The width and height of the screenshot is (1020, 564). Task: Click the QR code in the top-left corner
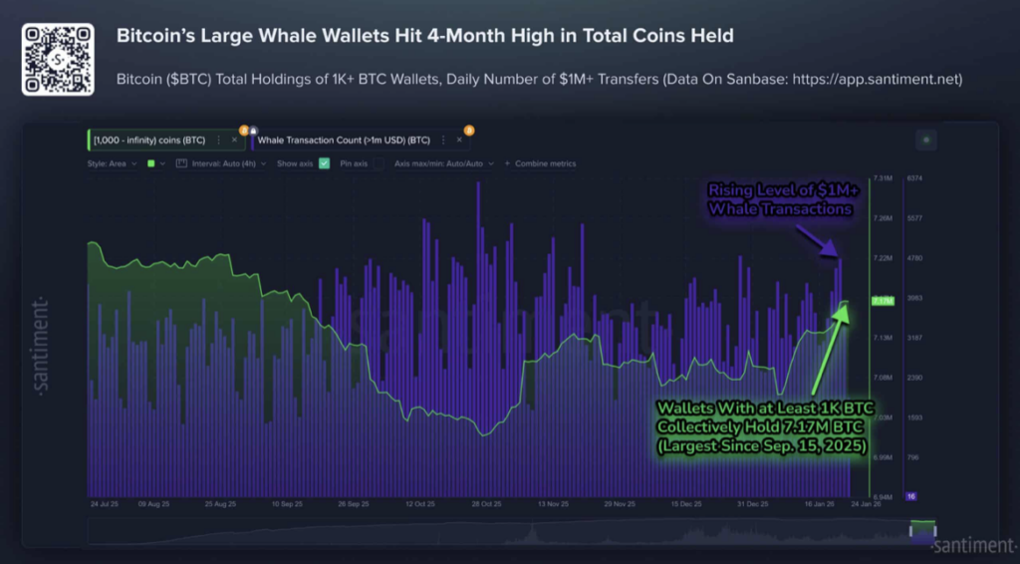(58, 60)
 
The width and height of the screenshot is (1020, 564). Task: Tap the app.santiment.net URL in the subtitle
(878, 79)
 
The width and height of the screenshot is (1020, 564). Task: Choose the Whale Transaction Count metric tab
(344, 141)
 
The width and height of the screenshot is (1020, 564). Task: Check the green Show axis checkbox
(324, 163)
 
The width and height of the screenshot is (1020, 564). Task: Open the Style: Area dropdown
(112, 163)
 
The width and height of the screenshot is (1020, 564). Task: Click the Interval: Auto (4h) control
(221, 163)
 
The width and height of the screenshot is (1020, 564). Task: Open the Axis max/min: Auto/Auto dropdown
(438, 163)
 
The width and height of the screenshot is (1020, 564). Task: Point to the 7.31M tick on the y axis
(883, 178)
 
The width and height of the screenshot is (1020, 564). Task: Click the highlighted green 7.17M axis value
(883, 300)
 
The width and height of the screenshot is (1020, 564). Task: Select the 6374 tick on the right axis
(915, 178)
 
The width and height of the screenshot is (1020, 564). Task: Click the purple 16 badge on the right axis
(911, 495)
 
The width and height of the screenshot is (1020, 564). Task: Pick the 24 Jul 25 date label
(106, 504)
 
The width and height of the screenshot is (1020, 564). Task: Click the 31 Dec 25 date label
(752, 504)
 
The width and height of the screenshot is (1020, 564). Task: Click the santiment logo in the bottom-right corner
(973, 545)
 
